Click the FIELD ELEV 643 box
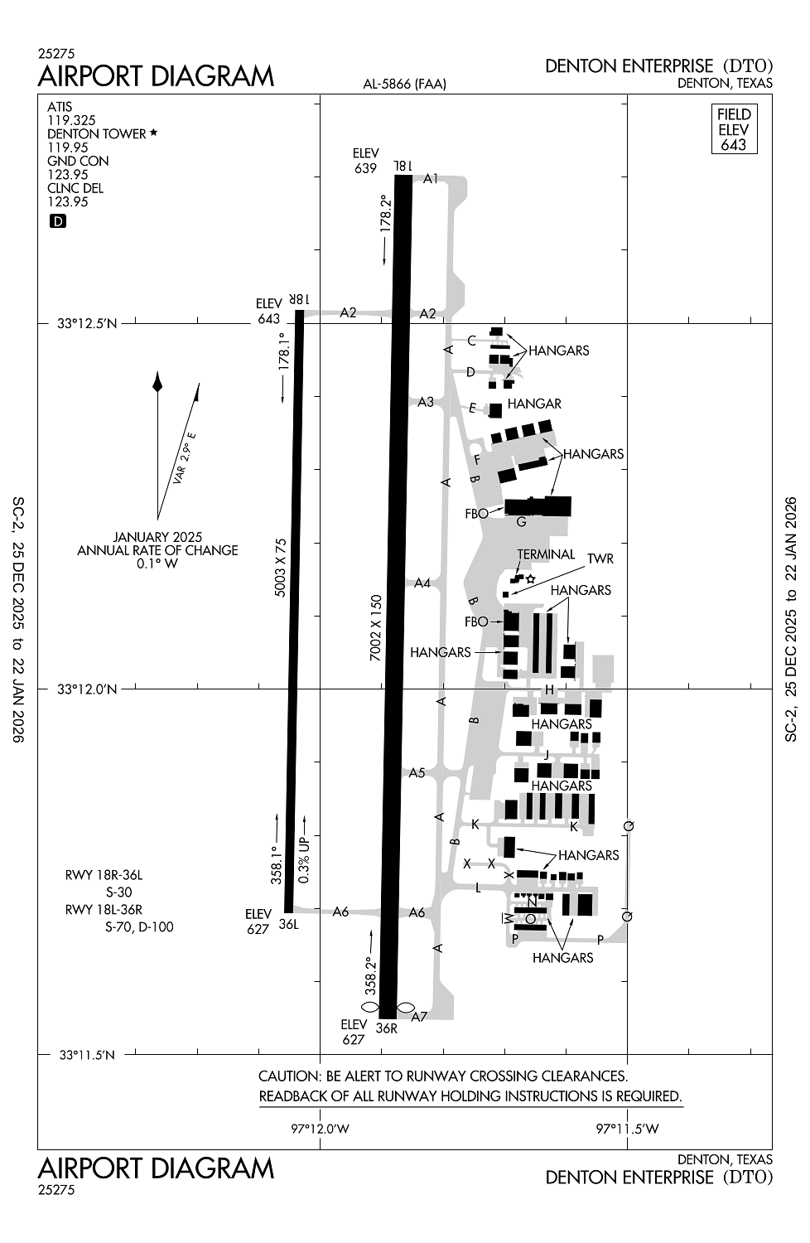click(734, 129)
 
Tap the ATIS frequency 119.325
click(71, 120)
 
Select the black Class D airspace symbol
click(58, 221)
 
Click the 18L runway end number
click(403, 166)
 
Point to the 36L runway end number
click(288, 924)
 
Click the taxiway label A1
click(431, 178)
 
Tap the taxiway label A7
click(419, 1016)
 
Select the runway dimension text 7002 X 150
click(375, 627)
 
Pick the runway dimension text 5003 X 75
click(281, 567)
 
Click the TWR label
click(600, 559)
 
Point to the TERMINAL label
click(546, 554)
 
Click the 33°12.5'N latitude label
click(87, 323)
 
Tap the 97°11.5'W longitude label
click(627, 1129)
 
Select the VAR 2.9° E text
click(185, 457)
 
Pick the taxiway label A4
click(422, 583)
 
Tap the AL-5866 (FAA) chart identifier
click(405, 84)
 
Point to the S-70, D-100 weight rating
click(139, 926)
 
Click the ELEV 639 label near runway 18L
click(366, 161)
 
